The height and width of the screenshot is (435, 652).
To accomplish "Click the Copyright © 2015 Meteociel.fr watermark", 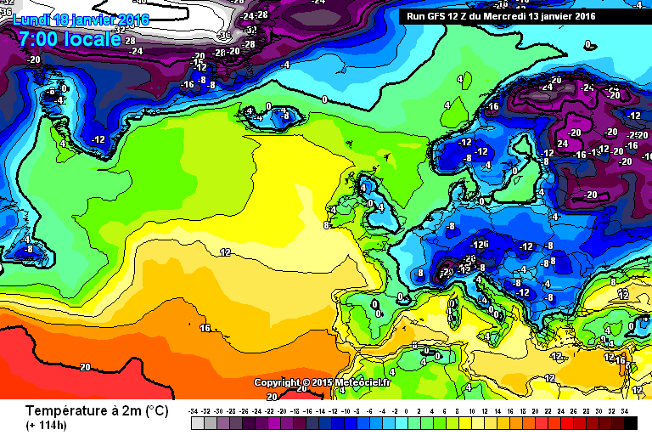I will (323, 383).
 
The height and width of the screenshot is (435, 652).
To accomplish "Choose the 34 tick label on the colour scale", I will (624, 411).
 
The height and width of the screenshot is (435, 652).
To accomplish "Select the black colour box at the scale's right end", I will (631, 423).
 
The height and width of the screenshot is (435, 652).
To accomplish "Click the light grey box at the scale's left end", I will (198, 423).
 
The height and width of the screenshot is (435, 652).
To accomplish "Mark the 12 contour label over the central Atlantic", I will (225, 252).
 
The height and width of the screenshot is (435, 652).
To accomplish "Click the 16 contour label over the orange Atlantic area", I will (205, 327).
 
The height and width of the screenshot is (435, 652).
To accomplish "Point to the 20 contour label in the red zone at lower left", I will (84, 367).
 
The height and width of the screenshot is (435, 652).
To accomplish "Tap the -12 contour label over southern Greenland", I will (98, 139).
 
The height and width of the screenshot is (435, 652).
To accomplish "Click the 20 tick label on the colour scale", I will (535, 411).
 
